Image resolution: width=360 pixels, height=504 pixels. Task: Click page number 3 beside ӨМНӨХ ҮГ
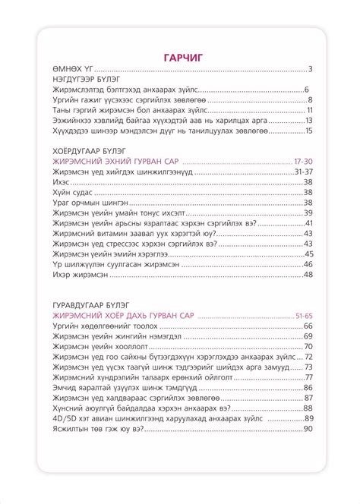tap(311, 70)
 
